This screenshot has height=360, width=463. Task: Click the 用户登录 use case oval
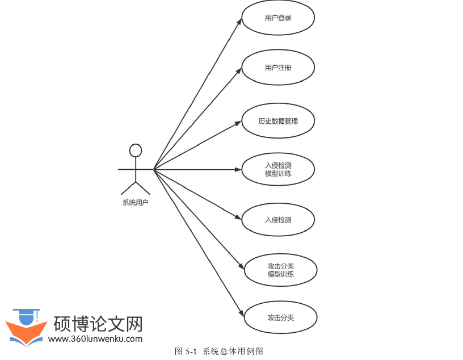278,18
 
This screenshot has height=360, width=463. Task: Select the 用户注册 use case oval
278,68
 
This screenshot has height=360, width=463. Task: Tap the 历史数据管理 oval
278,120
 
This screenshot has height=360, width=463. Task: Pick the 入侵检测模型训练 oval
278,169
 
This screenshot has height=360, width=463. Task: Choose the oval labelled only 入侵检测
278,220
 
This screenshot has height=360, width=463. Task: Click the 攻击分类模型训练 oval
280,270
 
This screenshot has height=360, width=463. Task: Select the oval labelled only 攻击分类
280,317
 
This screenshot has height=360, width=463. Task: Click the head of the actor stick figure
135,150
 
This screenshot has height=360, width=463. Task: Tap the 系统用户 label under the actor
135,202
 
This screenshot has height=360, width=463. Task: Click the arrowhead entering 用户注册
239,71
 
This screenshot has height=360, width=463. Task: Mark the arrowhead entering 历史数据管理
239,122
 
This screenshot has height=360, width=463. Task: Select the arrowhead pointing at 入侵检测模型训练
239,169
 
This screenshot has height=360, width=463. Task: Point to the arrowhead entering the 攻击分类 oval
241,314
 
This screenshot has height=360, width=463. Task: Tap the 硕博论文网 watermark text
98,324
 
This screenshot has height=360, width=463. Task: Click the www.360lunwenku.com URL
95,339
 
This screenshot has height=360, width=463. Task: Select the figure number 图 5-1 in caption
186,351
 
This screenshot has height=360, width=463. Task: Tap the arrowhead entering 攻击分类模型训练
241,266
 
